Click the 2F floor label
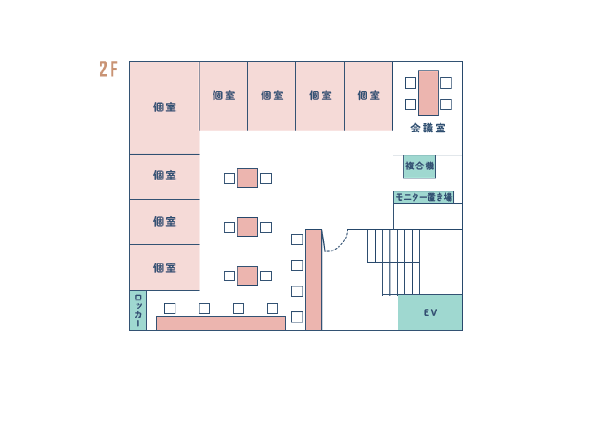coord(108,69)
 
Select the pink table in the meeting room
coord(428,93)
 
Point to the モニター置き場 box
coord(424,197)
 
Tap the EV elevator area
coord(430,312)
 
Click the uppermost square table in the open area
coord(247,178)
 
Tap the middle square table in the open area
coord(247,227)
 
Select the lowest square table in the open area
coord(247,276)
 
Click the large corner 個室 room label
coord(165,107)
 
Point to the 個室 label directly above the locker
coord(165,268)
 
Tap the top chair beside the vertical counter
coord(297,239)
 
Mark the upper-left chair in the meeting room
coord(411,83)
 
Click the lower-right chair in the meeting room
coord(446,104)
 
